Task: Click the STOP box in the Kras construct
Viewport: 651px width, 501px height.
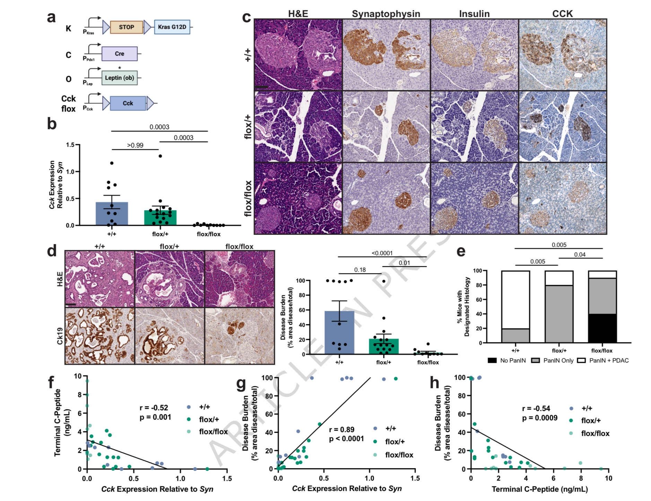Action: pyautogui.click(x=126, y=27)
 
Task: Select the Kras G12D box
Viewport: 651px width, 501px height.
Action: pyautogui.click(x=172, y=27)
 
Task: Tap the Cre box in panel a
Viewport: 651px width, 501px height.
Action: pyautogui.click(x=119, y=54)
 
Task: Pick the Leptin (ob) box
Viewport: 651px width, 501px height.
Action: pyautogui.click(x=119, y=78)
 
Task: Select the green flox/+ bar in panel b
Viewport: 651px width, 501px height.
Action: pyautogui.click(x=160, y=218)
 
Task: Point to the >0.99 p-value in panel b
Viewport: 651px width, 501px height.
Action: pyautogui.click(x=135, y=145)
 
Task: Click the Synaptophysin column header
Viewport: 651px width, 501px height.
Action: pyautogui.click(x=386, y=14)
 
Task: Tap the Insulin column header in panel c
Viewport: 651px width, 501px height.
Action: pyautogui.click(x=474, y=14)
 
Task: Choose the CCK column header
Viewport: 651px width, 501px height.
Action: pyautogui.click(x=562, y=14)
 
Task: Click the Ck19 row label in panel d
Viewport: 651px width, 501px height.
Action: pyautogui.click(x=60, y=336)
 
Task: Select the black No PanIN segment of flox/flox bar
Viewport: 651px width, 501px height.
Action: pyautogui.click(x=602, y=328)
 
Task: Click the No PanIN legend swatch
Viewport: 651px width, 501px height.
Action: pyautogui.click(x=492, y=360)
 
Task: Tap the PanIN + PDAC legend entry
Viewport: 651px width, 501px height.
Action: pyautogui.click(x=609, y=360)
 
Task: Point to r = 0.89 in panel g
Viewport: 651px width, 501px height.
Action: pyautogui.click(x=341, y=430)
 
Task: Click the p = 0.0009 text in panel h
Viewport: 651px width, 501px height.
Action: pyautogui.click(x=540, y=418)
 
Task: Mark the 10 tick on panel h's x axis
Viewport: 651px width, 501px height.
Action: pyautogui.click(x=608, y=478)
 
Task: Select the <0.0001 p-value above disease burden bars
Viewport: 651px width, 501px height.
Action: pyautogui.click(x=382, y=253)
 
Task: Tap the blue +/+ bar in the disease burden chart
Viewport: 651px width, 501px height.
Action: pyautogui.click(x=339, y=332)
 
